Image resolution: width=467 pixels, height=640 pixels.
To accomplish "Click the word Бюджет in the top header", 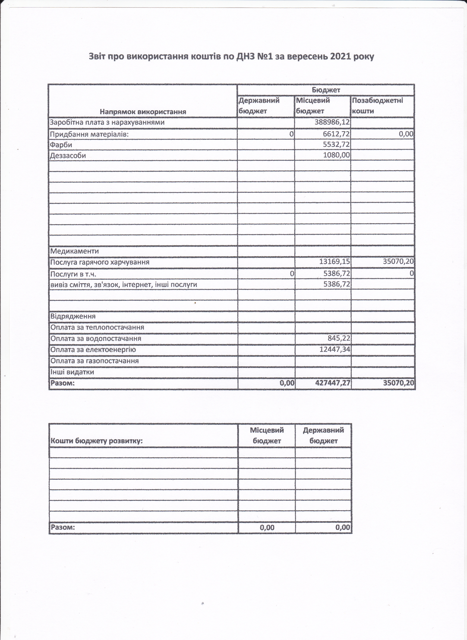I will (x=326, y=90).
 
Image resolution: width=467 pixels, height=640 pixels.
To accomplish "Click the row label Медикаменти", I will (x=74, y=251).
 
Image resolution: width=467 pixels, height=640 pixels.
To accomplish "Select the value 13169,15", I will (x=334, y=262).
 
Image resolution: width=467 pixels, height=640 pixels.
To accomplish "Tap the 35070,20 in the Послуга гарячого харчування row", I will (x=398, y=262).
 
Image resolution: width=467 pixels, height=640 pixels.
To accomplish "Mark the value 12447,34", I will (x=334, y=349).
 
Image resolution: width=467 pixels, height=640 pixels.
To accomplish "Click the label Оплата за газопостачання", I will (x=94, y=361).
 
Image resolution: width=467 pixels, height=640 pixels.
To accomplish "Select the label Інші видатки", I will (x=72, y=372).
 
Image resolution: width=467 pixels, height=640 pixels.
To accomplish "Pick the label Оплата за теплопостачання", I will (x=97, y=327).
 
